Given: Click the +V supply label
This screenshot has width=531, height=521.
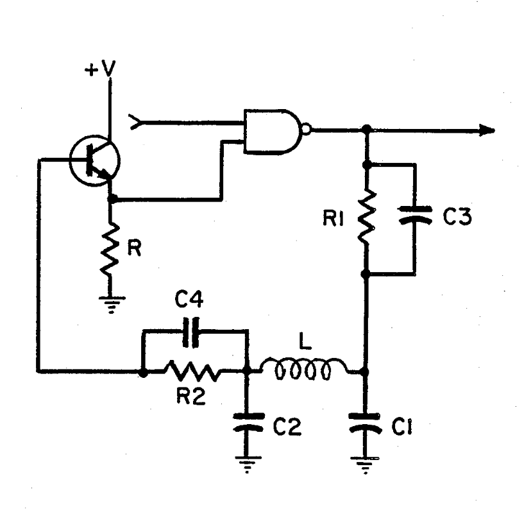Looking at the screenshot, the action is (100, 69).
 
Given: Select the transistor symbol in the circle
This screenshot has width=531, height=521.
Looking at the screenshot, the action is (94, 160).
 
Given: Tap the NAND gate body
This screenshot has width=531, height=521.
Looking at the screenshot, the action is (273, 132).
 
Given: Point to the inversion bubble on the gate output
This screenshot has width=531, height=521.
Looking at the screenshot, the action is (306, 130).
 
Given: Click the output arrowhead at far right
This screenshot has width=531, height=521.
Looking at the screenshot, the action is (487, 130).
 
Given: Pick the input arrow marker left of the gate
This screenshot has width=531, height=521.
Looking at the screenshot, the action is (134, 122).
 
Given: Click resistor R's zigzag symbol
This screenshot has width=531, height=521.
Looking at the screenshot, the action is (110, 248).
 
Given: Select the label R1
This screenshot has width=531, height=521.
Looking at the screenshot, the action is (333, 219).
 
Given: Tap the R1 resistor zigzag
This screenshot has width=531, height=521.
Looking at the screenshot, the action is (366, 216).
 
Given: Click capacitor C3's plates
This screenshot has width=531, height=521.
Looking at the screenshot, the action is (416, 215).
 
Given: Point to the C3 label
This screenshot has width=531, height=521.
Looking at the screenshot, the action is (457, 217).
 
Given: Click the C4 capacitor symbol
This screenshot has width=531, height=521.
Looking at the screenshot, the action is (191, 332).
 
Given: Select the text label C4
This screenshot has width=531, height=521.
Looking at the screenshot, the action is (189, 300).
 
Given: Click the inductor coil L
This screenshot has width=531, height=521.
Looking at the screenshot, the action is (304, 368).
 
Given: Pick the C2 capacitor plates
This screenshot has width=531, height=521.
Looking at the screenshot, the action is (248, 422).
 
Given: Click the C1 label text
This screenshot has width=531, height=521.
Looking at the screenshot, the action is (402, 427).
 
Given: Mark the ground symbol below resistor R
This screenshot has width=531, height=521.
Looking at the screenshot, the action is (112, 304).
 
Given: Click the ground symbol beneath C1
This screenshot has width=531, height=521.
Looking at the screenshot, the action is (365, 465).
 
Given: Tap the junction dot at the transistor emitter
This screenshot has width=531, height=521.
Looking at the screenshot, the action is (112, 199).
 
